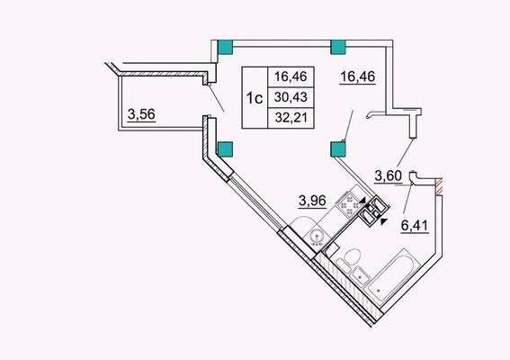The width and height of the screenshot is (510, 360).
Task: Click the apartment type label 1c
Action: (255, 97)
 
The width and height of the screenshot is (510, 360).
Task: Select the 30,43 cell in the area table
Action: (291, 96)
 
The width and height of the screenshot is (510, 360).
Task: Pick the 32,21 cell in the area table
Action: (291, 117)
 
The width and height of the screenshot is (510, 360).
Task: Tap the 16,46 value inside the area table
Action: (291, 76)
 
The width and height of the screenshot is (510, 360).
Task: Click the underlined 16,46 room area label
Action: (358, 76)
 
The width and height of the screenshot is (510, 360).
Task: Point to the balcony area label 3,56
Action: (141, 114)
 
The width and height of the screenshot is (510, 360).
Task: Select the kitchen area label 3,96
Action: (312, 201)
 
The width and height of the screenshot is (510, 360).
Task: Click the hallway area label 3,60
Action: (389, 176)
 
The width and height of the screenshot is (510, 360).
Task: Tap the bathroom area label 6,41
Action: (415, 225)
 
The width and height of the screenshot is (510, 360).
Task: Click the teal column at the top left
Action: (225, 47)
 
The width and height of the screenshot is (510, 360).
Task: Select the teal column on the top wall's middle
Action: (338, 47)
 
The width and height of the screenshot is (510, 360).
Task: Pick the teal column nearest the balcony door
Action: (225, 149)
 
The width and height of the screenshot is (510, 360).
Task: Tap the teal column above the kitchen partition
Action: (338, 149)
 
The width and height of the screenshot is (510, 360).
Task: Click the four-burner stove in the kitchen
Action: (349, 204)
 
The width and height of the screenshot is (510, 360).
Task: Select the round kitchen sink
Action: (317, 238)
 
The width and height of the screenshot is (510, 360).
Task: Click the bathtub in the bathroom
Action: (391, 276)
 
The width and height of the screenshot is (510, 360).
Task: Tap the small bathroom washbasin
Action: (361, 275)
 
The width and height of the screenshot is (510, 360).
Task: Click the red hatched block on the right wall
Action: (439, 187)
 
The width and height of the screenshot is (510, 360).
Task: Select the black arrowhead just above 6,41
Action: (384, 221)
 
